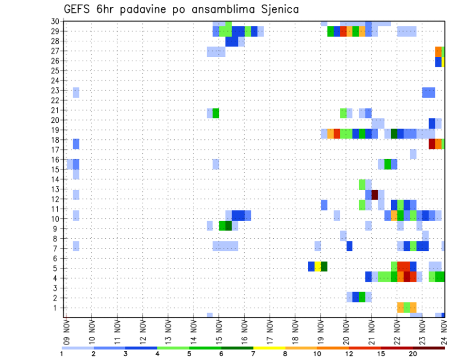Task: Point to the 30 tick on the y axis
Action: tap(55, 21)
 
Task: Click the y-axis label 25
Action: tap(55, 70)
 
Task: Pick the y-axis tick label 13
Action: tap(55, 189)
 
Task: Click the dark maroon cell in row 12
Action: tap(375, 194)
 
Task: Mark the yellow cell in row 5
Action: tap(318, 266)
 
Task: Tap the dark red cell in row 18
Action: tap(432, 144)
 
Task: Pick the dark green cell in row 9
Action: tap(229, 226)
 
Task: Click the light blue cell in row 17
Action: tap(413, 154)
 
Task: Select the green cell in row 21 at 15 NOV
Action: tap(216, 113)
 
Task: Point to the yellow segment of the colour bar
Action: tap(269, 348)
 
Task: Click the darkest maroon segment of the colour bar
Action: tap(429, 348)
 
